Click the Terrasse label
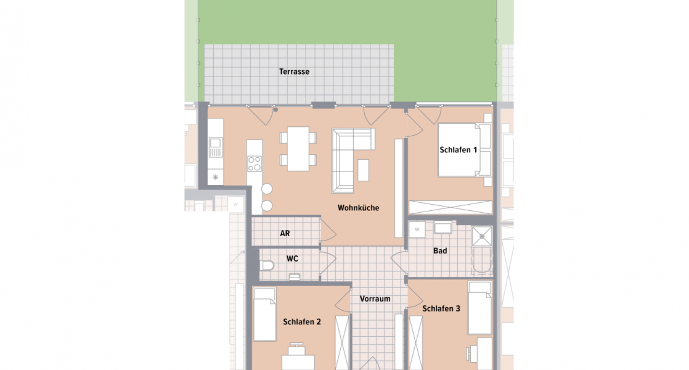click(294, 72)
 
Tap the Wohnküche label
click(358, 208)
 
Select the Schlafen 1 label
click(459, 150)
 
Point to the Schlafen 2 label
click(302, 321)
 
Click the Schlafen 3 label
click(441, 308)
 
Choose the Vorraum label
click(375, 298)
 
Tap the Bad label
click(440, 251)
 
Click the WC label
click(293, 259)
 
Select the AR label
click(285, 234)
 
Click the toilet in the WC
click(267, 266)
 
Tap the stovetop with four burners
click(254, 163)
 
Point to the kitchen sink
click(215, 147)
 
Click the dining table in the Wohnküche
click(298, 148)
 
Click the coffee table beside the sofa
click(364, 170)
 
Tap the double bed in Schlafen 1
click(463, 150)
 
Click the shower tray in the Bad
click(482, 235)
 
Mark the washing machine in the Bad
click(417, 229)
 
